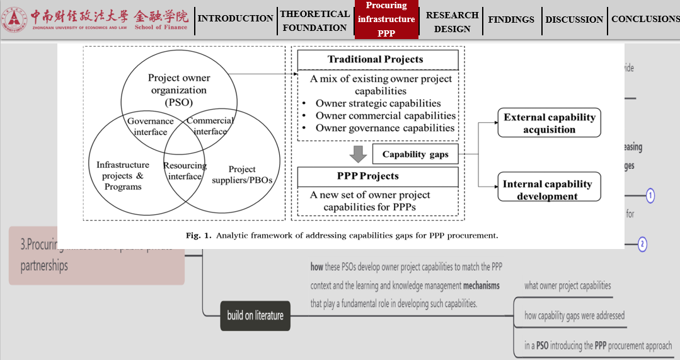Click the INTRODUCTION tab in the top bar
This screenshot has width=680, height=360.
[235, 18]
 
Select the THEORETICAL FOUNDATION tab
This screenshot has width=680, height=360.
[314, 21]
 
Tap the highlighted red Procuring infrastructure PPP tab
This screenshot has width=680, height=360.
[386, 20]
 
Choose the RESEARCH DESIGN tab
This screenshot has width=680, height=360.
[452, 21]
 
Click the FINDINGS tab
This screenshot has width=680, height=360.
[511, 20]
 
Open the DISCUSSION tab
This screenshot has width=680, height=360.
[574, 20]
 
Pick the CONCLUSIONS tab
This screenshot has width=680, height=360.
[645, 19]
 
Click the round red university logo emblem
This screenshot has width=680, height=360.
[14, 20]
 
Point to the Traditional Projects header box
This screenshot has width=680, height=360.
[378, 60]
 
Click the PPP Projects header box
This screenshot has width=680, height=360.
[378, 176]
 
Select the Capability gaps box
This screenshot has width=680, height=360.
[415, 154]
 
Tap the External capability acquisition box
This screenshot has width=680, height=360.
[549, 124]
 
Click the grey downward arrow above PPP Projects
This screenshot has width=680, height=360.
[358, 153]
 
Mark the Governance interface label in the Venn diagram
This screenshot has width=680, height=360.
[151, 126]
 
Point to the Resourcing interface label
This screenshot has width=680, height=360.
[185, 171]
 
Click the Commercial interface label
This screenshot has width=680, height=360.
[210, 126]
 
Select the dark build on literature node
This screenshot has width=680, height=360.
[255, 316]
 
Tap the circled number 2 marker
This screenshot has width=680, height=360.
[642, 244]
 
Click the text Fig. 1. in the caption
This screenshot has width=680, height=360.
[199, 236]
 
